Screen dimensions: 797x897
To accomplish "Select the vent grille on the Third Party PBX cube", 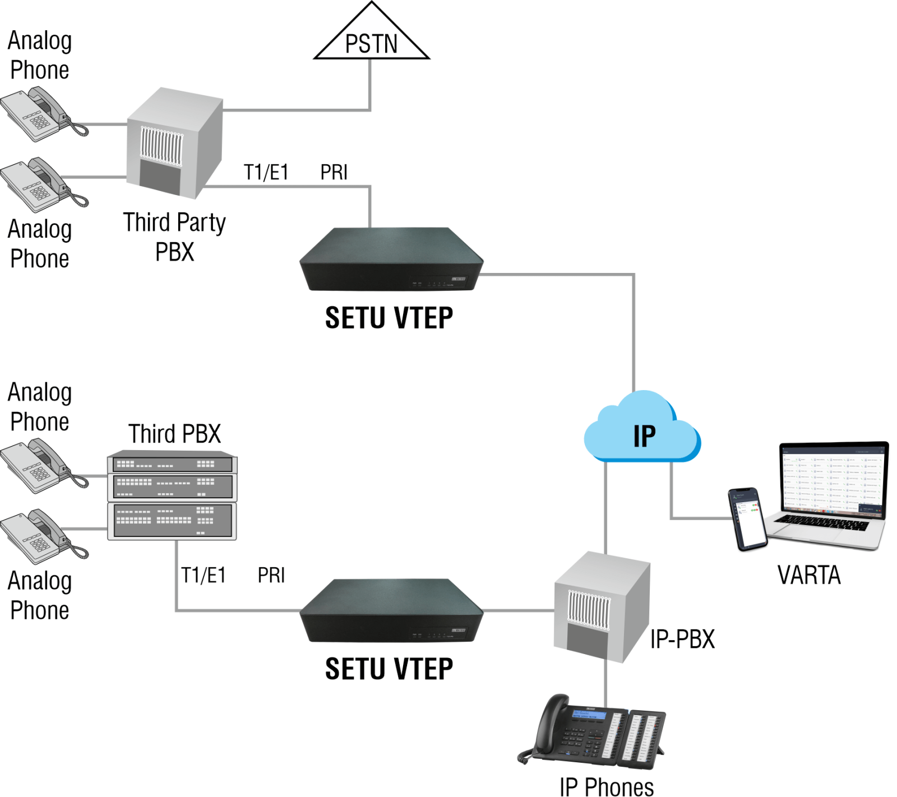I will tap(161, 145).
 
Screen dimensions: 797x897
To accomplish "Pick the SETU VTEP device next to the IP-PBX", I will tap(391, 611).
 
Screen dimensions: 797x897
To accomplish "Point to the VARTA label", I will tap(808, 575).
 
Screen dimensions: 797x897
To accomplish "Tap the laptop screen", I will tap(833, 479).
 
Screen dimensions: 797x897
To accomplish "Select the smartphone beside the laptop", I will tap(748, 519).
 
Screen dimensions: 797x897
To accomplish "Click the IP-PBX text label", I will tap(682, 639).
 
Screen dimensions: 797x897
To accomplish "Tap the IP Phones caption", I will tap(606, 786).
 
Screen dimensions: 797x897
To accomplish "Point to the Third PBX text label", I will tap(174, 433).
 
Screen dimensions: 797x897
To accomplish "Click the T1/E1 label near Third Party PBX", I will tap(266, 172).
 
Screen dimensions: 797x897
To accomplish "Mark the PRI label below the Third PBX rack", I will tap(271, 575).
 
